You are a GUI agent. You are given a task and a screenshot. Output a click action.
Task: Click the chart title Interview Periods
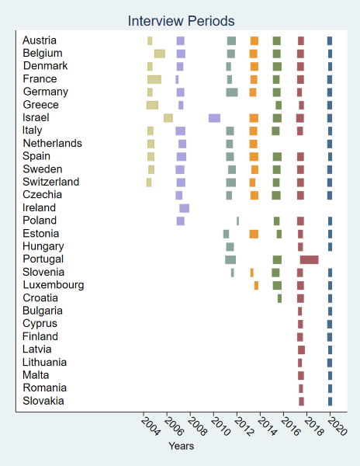[181, 21]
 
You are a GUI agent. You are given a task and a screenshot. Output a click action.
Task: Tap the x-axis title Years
[181, 446]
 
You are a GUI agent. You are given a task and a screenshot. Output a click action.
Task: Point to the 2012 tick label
[244, 426]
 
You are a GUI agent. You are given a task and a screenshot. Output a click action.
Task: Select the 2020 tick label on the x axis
[337, 426]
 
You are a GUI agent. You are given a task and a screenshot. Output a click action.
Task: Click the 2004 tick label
[151, 426]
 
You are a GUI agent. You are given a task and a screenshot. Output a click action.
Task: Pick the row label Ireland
[39, 207]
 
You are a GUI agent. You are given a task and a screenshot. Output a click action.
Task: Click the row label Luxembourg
[54, 285]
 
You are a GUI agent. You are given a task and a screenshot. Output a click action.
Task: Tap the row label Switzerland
[51, 182]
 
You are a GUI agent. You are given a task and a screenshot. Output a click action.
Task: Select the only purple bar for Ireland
[185, 208]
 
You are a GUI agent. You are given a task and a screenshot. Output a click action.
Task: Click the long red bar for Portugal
[310, 259]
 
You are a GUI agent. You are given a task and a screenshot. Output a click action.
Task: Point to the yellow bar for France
[154, 79]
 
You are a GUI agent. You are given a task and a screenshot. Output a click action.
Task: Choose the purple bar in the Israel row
[214, 118]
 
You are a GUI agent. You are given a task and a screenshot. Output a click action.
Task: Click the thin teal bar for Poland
[237, 221]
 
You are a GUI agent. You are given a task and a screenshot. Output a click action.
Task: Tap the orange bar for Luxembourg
[256, 286]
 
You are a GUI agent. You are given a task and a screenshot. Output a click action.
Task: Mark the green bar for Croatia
[279, 298]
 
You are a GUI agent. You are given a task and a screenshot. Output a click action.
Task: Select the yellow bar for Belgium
[160, 54]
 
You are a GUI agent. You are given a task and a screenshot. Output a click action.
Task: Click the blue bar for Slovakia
[330, 402]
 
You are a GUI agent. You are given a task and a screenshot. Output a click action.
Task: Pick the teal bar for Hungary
[230, 247]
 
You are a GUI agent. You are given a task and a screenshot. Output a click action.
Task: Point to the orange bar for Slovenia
[252, 273]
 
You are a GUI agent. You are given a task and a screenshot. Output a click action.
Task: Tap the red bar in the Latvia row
[301, 349]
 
